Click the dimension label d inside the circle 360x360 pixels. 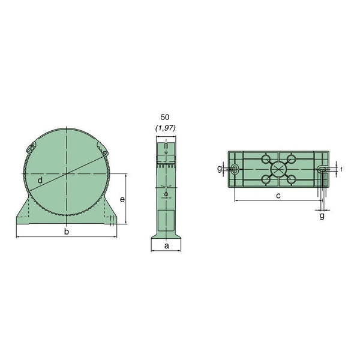click(x=40, y=181)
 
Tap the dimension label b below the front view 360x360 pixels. click(x=67, y=232)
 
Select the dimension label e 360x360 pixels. click(x=122, y=200)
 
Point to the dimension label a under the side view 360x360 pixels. click(x=167, y=246)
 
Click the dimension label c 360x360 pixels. click(x=278, y=196)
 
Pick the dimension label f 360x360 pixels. click(x=341, y=169)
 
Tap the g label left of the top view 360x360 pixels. click(x=220, y=169)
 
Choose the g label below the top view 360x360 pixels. click(x=322, y=216)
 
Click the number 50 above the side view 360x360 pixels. click(x=165, y=117)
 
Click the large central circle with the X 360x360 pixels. click(x=278, y=169)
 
